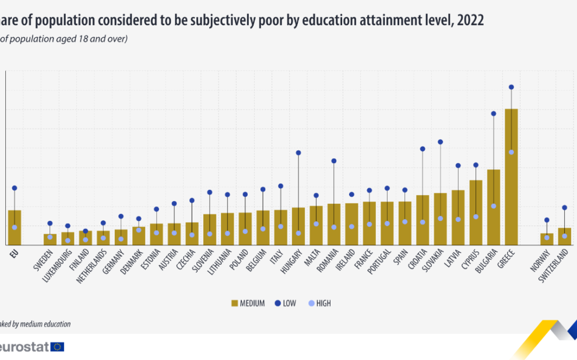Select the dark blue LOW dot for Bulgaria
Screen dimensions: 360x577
coord(494,114)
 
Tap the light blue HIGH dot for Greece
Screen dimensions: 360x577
coord(511,152)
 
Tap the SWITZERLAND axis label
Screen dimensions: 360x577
coord(556,267)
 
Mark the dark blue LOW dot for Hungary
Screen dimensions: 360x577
coord(298,153)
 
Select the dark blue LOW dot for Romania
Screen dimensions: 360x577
coord(334,161)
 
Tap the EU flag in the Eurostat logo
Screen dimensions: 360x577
coord(57,347)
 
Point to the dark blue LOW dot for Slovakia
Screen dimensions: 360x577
coord(441,142)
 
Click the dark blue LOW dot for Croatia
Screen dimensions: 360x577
coord(423,149)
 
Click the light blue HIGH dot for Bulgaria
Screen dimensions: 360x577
coord(494,206)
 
